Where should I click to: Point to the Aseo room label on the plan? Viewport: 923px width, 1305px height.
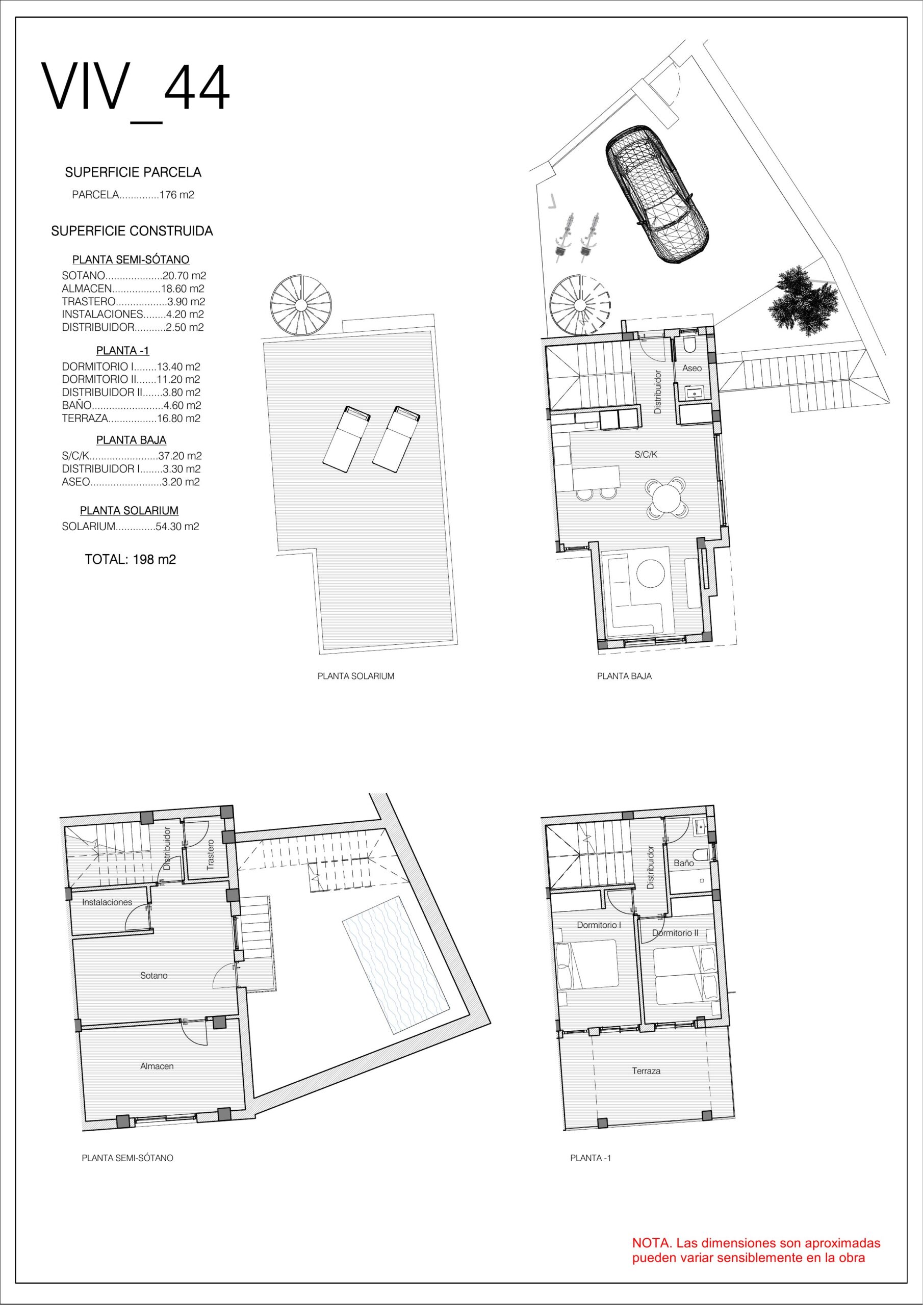point(691,369)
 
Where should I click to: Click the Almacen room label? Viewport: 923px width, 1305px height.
point(157,1066)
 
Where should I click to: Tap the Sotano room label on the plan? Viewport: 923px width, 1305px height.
point(154,975)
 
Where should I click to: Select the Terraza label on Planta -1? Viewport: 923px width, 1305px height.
point(646,1071)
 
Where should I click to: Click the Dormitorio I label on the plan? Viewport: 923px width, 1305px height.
point(599,925)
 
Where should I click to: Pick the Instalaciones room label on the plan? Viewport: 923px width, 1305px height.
point(107,902)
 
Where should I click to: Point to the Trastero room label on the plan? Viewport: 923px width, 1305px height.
point(211,854)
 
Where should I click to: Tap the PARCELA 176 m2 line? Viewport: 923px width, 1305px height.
point(133,195)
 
